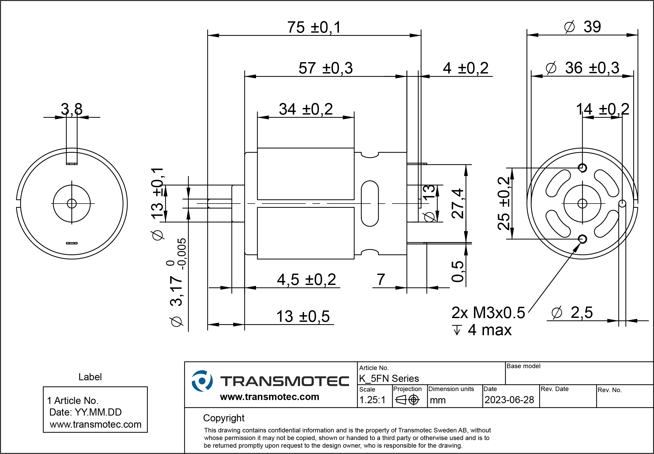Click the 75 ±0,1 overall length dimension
click(x=314, y=28)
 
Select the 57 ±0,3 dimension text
click(x=326, y=68)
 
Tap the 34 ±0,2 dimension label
click(x=306, y=109)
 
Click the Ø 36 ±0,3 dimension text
click(x=582, y=68)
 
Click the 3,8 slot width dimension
click(x=72, y=109)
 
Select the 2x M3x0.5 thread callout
click(x=488, y=313)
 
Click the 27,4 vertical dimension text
click(x=458, y=203)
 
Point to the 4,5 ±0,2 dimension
click(x=306, y=280)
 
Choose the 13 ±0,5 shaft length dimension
click(x=303, y=316)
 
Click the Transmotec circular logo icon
click(x=202, y=381)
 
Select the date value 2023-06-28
click(x=509, y=400)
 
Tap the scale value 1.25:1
click(x=372, y=400)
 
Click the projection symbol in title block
click(x=407, y=400)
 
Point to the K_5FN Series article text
click(x=389, y=379)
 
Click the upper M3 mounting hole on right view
click(x=582, y=168)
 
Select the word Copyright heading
click(x=224, y=418)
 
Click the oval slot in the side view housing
click(x=370, y=203)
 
